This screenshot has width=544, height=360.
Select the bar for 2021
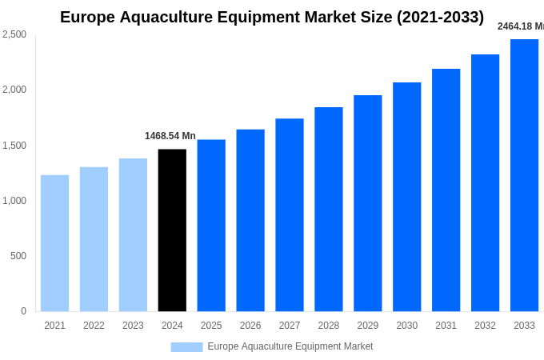coord(54,243)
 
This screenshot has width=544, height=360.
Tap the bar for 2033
coord(524,175)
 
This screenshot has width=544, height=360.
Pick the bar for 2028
coord(329,210)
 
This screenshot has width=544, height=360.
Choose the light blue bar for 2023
coord(133,235)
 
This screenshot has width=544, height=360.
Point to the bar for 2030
coord(406,197)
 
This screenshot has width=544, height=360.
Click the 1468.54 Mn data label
coord(170,136)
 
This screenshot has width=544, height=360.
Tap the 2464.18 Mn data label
coord(520,26)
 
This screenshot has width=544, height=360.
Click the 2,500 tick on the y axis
coord(14,34)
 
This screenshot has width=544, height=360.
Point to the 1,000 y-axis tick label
coord(14,201)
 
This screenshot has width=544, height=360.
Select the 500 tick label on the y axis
coord(18,256)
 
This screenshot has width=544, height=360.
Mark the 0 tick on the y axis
coord(23,311)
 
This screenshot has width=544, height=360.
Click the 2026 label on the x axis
coord(250,326)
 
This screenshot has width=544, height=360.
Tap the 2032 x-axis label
coord(485,326)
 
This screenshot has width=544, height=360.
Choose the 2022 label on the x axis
coord(94,326)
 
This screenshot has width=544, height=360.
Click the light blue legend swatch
coord(186,347)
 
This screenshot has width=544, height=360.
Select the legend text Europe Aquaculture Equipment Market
coord(290,346)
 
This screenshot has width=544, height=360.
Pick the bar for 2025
coord(211,226)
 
